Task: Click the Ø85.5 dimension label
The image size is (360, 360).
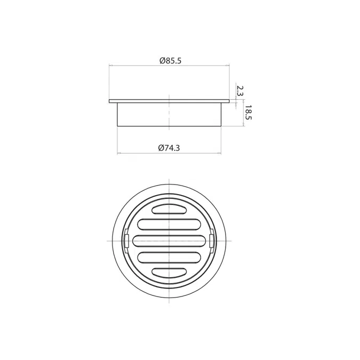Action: (x=170, y=60)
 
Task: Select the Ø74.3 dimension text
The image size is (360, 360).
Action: (x=169, y=148)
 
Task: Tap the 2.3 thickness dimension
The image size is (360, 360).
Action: (x=239, y=91)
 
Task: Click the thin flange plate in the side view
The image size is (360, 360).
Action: (x=169, y=101)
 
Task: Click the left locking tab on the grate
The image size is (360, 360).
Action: (x=125, y=241)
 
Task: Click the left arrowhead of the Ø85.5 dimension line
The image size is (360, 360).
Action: (x=110, y=66)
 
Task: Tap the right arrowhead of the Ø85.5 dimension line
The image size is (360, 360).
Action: (x=228, y=66)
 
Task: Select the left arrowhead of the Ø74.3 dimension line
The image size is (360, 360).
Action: (x=118, y=154)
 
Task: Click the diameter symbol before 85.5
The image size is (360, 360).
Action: (x=162, y=60)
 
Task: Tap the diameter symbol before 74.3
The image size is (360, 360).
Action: (x=161, y=148)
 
